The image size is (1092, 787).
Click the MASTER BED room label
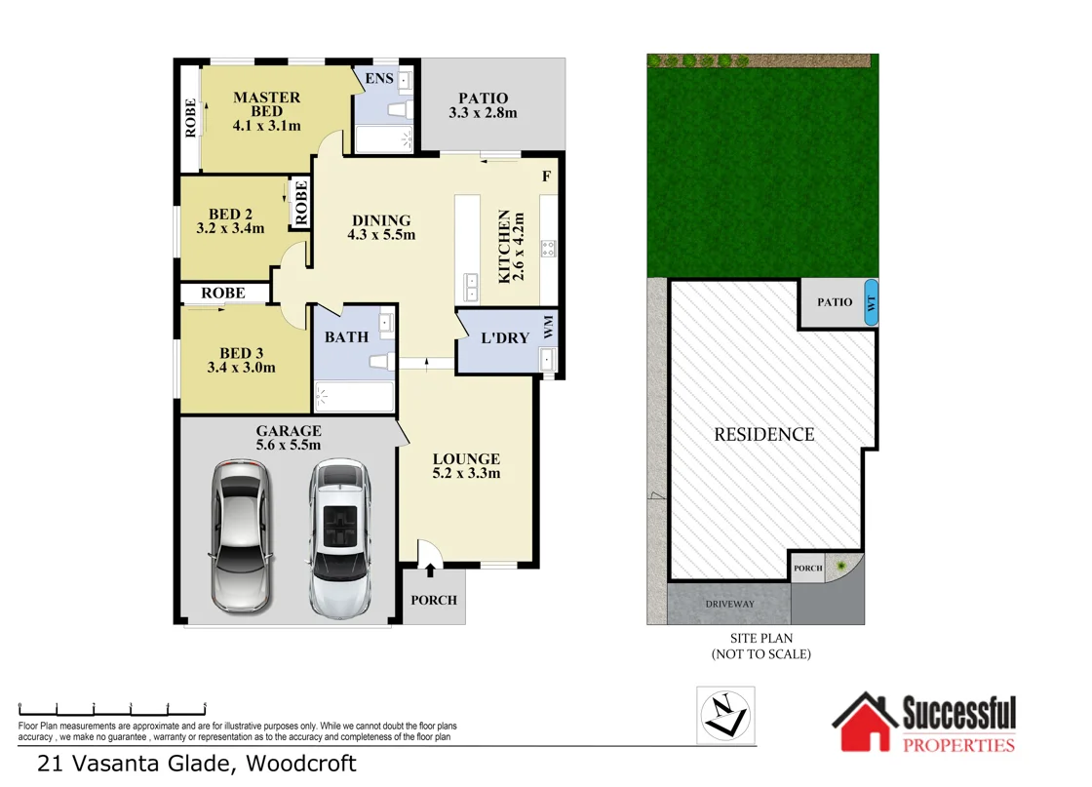click(266, 104)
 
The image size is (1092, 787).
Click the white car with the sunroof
click(338, 538)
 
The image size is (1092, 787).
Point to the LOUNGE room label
click(466, 459)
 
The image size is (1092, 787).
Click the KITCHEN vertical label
click(505, 245)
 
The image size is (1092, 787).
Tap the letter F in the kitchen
click(547, 177)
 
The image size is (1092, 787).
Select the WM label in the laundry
click(548, 321)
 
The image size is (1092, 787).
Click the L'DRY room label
click(506, 338)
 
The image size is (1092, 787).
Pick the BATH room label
click(346, 336)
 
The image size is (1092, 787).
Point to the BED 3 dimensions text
click(241, 368)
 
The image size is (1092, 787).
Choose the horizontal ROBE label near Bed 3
click(223, 293)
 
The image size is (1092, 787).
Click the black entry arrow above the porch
click(430, 569)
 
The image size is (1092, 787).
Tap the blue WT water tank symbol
click(871, 301)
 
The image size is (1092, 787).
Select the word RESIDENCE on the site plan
click(763, 434)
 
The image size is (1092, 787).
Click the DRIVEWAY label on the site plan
click(729, 605)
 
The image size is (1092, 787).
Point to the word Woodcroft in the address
click(300, 764)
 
